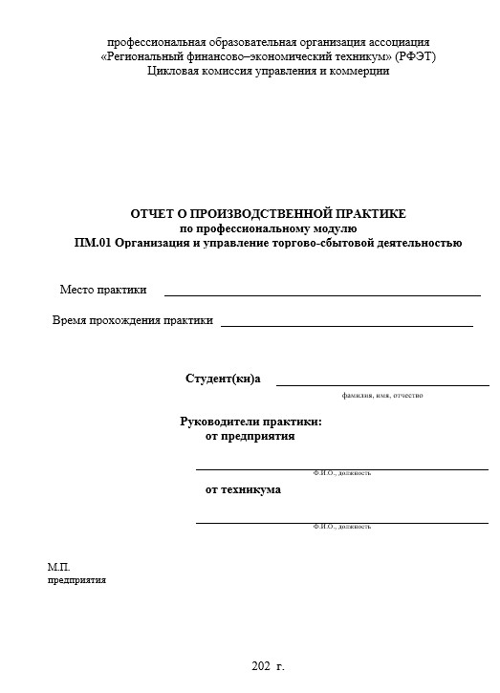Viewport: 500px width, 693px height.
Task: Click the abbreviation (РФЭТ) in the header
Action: pos(414,56)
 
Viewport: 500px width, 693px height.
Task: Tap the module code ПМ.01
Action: pos(93,242)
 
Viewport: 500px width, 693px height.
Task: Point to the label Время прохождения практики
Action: pos(132,321)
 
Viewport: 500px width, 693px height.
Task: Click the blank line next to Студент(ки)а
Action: pos(382,383)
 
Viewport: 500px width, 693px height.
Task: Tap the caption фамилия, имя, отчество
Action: pos(381,395)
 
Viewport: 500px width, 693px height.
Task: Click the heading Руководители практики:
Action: pos(250,422)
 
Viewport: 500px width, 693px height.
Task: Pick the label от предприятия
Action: pos(250,437)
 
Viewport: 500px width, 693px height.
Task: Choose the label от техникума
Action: pos(243,489)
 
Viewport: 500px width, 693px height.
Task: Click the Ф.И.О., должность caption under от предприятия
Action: pos(341,473)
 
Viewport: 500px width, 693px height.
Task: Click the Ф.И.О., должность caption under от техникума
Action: pos(341,527)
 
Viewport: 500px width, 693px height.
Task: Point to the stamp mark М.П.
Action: pos(59,567)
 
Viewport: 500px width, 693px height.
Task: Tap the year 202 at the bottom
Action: pos(260,665)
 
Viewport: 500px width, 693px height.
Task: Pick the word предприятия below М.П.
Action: pos(76,579)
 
